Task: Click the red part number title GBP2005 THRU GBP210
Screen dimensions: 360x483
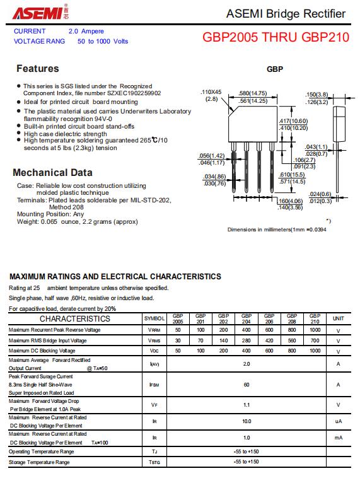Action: (x=276, y=37)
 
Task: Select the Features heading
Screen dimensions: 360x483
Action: (x=38, y=68)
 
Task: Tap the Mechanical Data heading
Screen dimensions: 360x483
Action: (x=52, y=173)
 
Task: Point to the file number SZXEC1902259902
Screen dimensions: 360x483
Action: (x=134, y=93)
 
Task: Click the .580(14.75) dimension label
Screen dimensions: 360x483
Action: (x=253, y=93)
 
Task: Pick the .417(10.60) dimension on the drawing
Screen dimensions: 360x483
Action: (x=293, y=121)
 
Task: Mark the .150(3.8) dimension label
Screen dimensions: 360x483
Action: (x=316, y=95)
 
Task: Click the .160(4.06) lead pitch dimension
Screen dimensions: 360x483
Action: (x=290, y=201)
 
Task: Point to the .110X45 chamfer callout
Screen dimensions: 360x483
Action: (x=211, y=92)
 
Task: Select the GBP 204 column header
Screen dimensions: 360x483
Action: (x=247, y=318)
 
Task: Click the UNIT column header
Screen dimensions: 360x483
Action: (x=338, y=318)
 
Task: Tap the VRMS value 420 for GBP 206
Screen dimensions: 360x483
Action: (x=269, y=340)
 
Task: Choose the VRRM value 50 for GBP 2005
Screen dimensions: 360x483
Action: (x=178, y=330)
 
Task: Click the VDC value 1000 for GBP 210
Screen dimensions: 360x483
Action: (x=315, y=351)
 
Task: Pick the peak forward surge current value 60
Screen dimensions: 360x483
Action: (x=247, y=385)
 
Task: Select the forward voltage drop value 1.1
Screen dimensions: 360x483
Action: (x=247, y=405)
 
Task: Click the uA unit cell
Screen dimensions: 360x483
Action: (x=339, y=421)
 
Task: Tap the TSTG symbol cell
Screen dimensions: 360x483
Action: (x=154, y=462)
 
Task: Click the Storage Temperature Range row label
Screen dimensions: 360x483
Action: (x=39, y=462)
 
